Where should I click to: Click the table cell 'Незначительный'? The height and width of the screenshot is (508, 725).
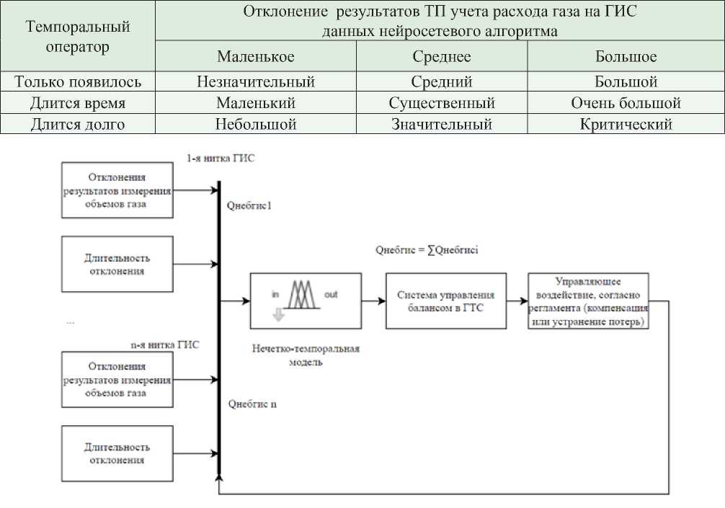coord(255,82)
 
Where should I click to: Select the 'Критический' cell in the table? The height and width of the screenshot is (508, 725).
coord(626,124)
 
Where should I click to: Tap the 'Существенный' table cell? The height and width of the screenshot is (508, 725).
coord(441,103)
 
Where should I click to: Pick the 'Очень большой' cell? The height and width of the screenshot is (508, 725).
coord(626,103)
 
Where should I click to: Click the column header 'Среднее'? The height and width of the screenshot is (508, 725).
coord(441,56)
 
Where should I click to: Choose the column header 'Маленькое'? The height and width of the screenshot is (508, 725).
coord(255,56)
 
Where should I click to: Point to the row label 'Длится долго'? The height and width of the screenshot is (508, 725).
coord(78,124)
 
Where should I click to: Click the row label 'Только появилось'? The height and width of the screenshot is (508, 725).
coord(78,82)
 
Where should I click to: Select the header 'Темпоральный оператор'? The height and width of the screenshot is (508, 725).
coord(78,37)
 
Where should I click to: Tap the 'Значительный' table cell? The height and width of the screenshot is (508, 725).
coord(441,124)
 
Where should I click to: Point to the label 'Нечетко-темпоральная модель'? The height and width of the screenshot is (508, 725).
coord(306,355)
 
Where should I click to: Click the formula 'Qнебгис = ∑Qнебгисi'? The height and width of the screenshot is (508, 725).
coord(427,251)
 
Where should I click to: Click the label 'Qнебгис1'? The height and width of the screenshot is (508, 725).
coord(249,206)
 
